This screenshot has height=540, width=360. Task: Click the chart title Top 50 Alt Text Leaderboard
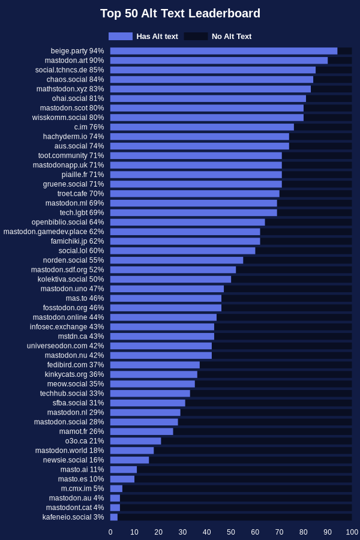coord(180,13)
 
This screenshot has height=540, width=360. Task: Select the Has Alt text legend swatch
coord(121,36)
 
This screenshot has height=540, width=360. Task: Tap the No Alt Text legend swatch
coord(196,36)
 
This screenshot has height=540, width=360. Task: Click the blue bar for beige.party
coord(224,51)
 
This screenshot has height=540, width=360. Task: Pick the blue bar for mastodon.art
coord(219,61)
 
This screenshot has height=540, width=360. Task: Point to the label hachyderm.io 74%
coord(73,137)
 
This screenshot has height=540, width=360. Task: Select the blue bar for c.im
coord(202,127)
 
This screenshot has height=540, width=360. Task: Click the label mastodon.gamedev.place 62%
coord(54,232)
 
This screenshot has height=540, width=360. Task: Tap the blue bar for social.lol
coord(183,251)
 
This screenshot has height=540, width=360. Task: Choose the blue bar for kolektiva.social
coord(171,279)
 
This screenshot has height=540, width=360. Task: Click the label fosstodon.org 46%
coord(73,308)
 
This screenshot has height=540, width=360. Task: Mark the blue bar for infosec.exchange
coord(162,327)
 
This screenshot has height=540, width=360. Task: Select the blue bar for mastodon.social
coord(144,422)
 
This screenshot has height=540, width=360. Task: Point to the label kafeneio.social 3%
coord(73,517)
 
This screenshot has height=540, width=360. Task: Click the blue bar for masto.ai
coord(124,469)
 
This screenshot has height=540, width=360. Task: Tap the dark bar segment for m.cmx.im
coord(237,488)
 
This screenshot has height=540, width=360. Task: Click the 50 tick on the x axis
coord(231,532)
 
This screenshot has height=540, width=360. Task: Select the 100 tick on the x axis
coord(352,532)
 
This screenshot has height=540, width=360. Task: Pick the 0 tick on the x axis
coord(110,532)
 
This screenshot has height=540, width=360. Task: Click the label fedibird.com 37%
coord(76,365)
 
